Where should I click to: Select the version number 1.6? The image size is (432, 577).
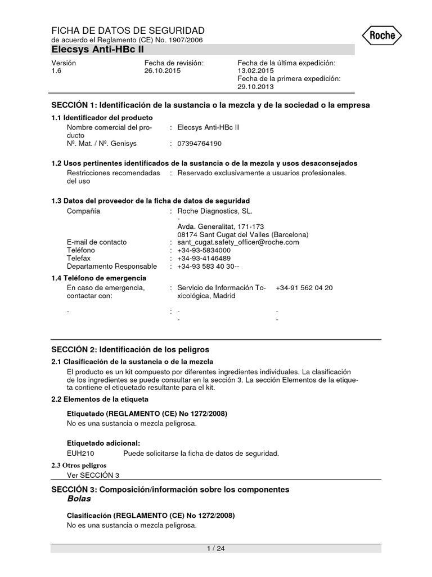point(56,72)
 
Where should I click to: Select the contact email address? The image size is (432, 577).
point(238,242)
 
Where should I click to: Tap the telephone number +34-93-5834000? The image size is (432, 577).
point(204,250)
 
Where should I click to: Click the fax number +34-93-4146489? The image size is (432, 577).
point(204,258)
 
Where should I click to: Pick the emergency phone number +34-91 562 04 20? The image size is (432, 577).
point(304,288)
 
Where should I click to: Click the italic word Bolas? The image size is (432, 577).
point(79,499)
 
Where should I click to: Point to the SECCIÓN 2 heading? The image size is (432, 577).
point(130,349)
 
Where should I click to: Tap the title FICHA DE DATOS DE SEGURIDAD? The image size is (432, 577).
point(128,30)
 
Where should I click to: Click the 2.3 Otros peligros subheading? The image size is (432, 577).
point(79,465)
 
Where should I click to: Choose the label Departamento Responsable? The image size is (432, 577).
point(112,266)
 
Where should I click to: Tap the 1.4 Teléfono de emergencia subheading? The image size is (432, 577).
point(99,278)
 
